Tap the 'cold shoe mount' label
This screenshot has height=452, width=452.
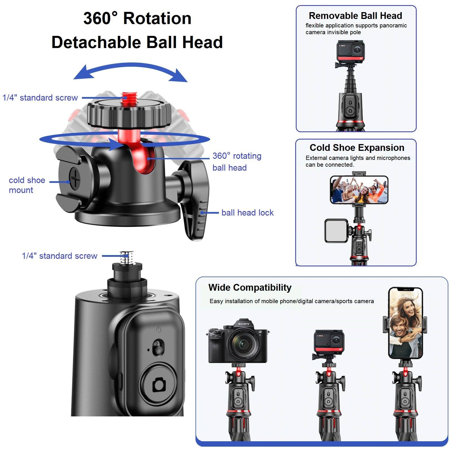[27, 185]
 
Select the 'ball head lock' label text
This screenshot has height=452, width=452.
[247, 213]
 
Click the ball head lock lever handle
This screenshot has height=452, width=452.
[197, 209]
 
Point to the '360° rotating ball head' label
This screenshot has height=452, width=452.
[237, 162]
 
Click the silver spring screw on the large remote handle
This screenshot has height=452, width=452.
[127, 257]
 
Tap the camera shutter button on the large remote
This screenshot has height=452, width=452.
[159, 384]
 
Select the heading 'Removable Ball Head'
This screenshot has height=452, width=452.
[355, 16]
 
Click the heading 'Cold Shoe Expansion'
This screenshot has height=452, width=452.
[357, 148]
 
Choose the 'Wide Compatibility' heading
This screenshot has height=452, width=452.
[250, 288]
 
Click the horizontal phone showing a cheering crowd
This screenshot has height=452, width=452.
[359, 190]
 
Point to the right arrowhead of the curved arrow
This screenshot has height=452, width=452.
[179, 77]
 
